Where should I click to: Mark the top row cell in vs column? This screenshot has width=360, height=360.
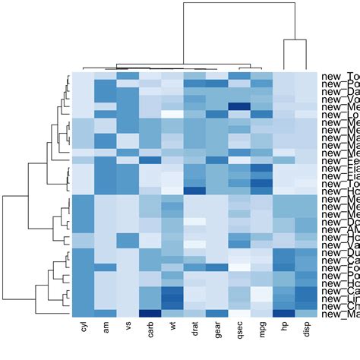point(128,76)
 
